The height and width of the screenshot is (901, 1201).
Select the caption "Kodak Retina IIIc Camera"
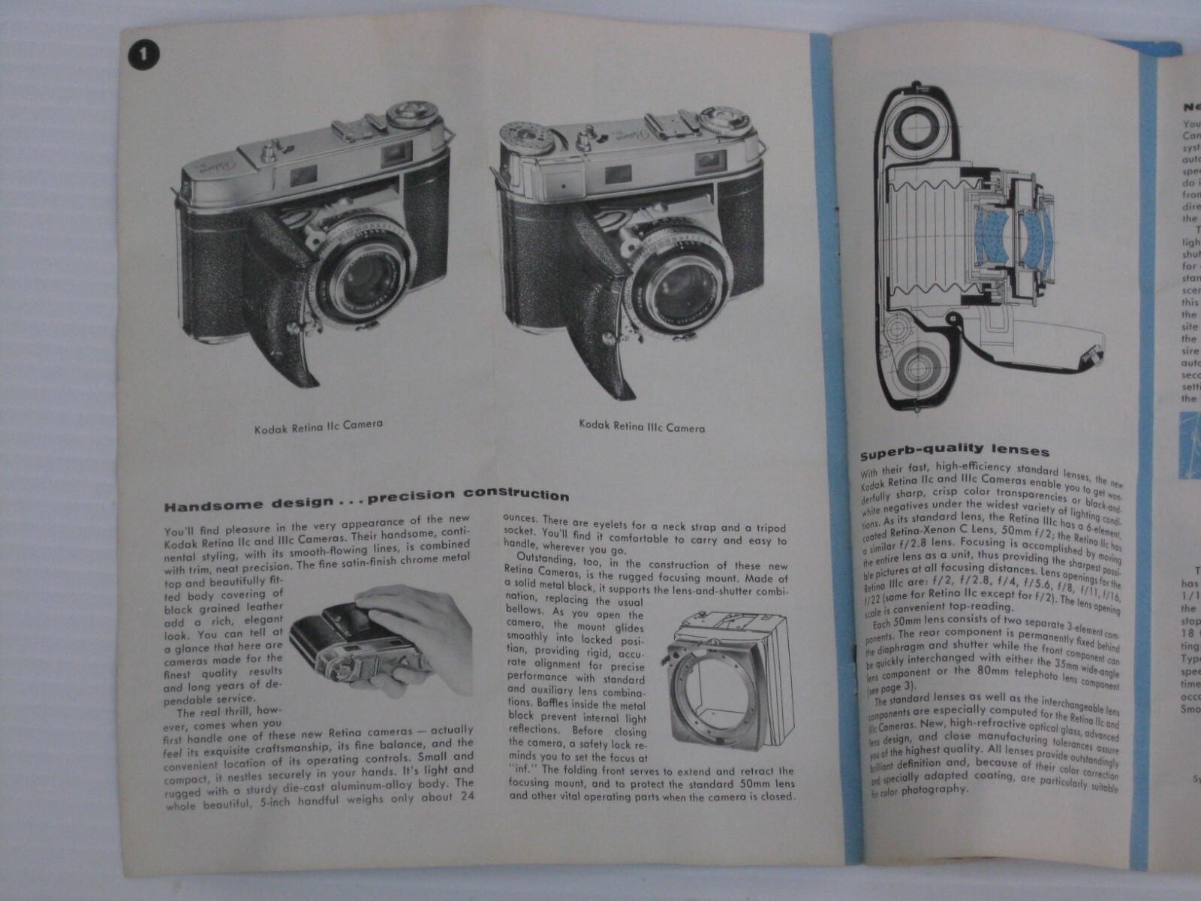[642, 426]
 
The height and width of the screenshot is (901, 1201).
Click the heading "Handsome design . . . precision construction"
[366, 496]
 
